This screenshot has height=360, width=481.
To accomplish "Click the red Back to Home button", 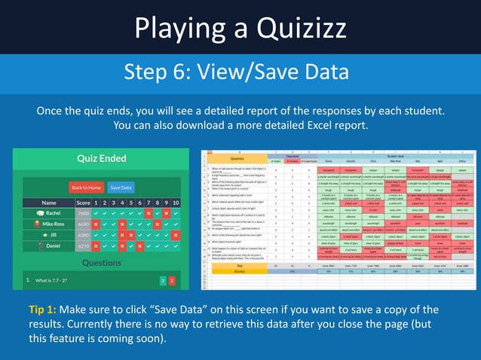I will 85,187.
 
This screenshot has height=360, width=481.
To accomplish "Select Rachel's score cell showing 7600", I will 83,213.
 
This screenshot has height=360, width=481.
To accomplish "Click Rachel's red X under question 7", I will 149,213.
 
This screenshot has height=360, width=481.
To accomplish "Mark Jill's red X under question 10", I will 176,235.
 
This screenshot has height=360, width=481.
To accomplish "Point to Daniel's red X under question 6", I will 140,246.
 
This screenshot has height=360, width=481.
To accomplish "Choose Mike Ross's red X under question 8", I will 158,224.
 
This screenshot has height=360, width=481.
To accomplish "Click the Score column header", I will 83,203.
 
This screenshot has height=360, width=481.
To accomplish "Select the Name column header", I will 49,203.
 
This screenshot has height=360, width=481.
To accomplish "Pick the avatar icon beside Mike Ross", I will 38,224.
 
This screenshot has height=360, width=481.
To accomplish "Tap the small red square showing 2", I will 171,281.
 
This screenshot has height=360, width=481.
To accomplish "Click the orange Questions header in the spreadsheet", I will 236,160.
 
